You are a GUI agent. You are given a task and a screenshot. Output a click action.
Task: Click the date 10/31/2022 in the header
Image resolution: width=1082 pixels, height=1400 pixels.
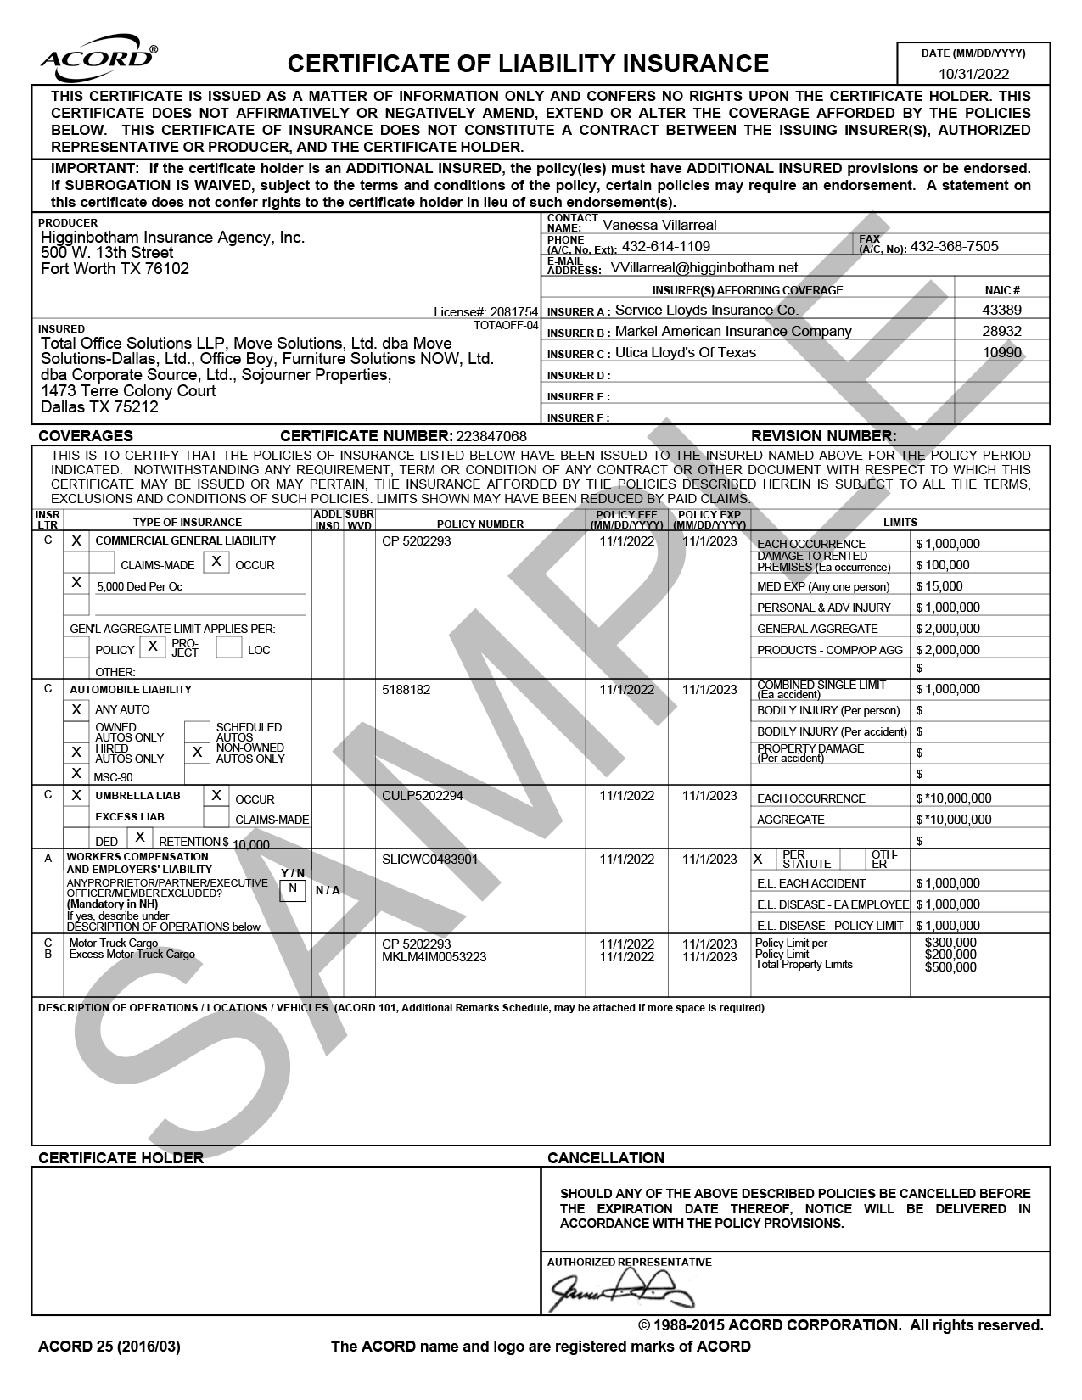pos(973,74)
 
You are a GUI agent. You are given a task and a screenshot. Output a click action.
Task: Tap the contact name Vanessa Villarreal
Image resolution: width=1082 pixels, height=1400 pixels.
pos(659,225)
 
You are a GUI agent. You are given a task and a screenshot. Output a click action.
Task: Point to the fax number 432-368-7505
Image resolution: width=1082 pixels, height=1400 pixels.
pos(954,246)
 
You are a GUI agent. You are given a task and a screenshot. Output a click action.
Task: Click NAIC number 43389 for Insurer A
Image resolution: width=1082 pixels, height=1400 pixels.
pos(1002,311)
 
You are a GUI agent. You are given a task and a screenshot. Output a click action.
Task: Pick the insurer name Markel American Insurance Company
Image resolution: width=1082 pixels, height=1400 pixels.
pos(733,331)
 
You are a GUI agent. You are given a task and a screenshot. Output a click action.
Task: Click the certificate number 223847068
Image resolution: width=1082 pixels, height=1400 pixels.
pos(491,436)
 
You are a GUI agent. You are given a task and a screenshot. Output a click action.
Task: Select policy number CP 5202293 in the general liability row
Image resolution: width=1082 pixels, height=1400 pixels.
pos(417,541)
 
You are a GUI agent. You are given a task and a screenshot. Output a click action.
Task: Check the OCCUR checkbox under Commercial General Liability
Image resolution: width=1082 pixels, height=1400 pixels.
pos(216,562)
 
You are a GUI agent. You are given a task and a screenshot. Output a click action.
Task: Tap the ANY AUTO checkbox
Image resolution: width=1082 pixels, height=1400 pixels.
pos(76,709)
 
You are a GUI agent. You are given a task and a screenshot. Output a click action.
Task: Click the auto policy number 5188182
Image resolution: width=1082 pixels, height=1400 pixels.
pos(406,690)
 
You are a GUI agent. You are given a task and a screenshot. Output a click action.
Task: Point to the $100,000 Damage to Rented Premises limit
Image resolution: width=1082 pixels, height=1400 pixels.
pos(942,565)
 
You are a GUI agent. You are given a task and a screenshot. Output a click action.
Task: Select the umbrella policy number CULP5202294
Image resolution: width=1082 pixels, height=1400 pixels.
pos(423,795)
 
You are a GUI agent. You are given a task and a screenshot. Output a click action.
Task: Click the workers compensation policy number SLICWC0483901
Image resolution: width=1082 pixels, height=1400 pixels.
pos(430,859)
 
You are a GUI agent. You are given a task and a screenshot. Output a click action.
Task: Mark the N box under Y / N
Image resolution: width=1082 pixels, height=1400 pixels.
pos(293,888)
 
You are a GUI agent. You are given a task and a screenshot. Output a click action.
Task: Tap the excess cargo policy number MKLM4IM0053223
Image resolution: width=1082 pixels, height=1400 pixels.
pos(434,957)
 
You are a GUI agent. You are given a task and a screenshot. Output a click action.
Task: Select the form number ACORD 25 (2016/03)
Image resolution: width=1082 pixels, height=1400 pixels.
pos(109,1347)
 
